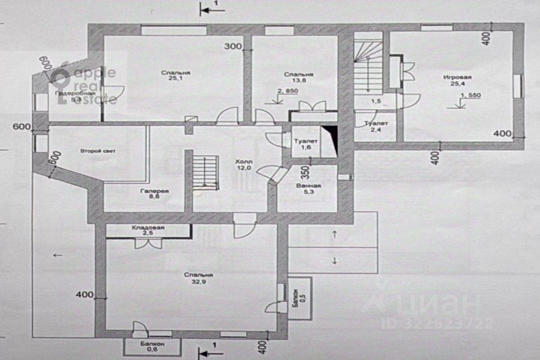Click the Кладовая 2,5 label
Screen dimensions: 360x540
click(x=148, y=232)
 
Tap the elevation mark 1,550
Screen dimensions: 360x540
click(x=470, y=95)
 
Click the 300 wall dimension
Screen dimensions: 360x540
click(x=233, y=46)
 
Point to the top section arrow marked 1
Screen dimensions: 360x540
click(x=210, y=8)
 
